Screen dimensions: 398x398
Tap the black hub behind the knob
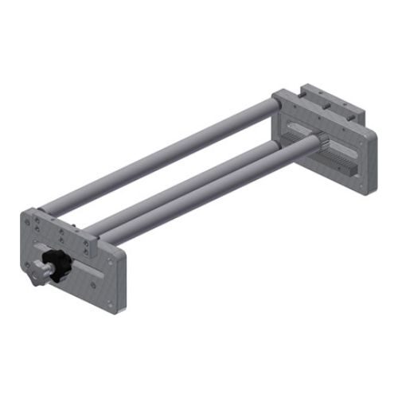click(x=57, y=263)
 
